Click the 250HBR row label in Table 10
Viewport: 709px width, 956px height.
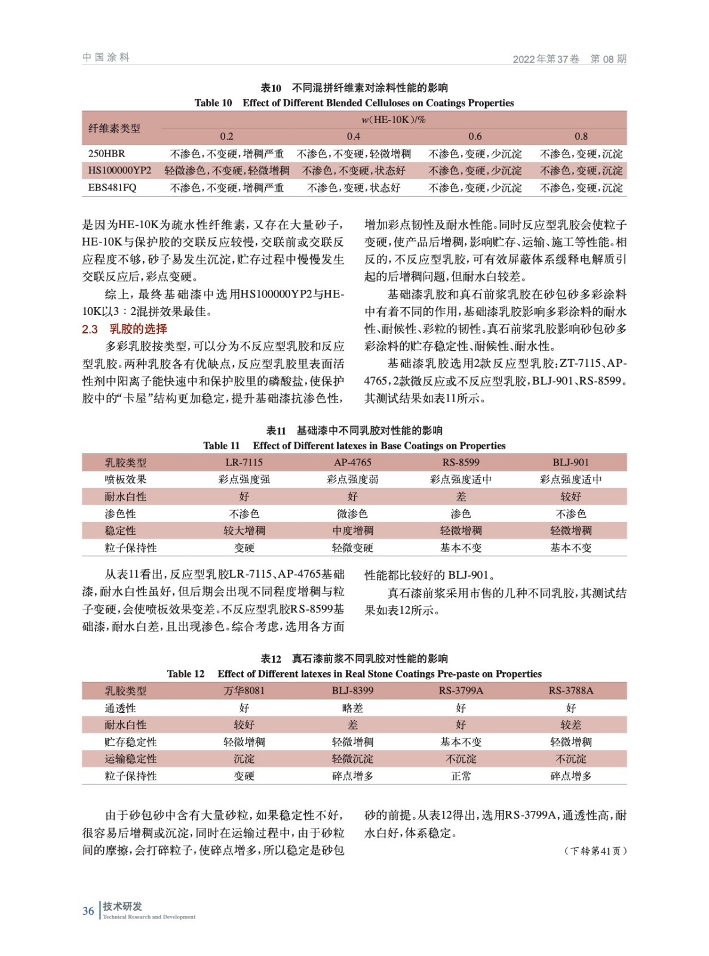tap(106, 154)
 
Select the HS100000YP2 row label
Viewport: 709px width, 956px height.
tap(119, 171)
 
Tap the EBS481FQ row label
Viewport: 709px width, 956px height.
tap(112, 188)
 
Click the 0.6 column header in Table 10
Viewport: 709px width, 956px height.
tap(475, 136)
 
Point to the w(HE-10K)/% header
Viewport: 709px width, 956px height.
tap(394, 119)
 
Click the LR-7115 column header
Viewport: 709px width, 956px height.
tap(244, 462)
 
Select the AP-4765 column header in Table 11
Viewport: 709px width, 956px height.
tap(352, 462)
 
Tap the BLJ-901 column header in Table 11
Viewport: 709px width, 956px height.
tap(570, 462)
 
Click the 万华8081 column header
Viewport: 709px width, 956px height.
tap(244, 691)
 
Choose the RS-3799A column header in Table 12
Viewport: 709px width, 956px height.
tap(461, 691)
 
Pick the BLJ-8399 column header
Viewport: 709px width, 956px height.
tap(352, 691)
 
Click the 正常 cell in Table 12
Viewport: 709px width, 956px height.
tap(461, 776)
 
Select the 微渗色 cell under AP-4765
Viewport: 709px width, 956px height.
tap(352, 514)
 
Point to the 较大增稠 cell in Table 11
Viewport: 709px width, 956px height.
tap(244, 531)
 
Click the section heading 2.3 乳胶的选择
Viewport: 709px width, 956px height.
tap(124, 329)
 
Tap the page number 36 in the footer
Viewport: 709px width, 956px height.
tap(88, 911)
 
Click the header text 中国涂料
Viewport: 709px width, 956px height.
tap(106, 57)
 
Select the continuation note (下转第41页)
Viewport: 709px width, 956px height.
tap(595, 851)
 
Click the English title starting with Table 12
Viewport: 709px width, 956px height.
tap(354, 674)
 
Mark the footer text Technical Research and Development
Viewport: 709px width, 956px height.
tap(149, 917)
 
